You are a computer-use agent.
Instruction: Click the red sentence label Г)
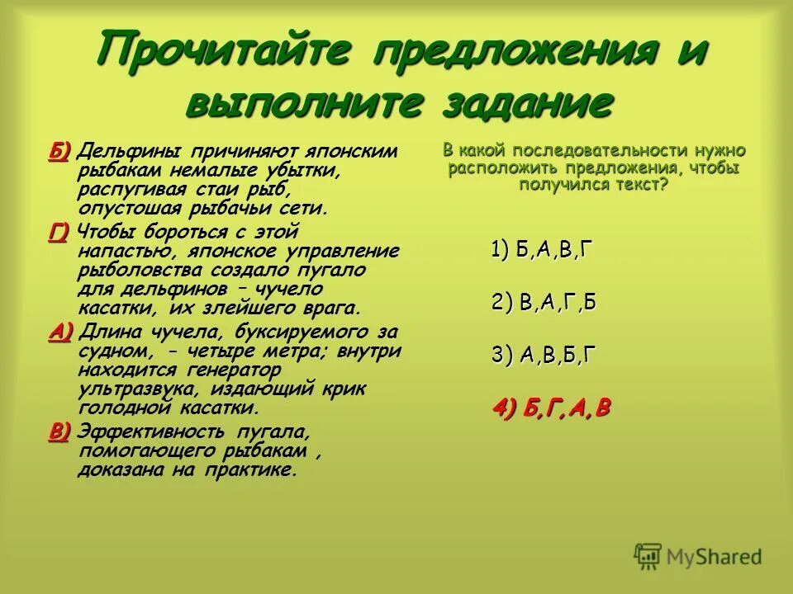pyautogui.click(x=59, y=233)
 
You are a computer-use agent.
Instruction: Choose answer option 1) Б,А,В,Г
pyautogui.click(x=542, y=251)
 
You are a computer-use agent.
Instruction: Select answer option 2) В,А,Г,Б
pyautogui.click(x=543, y=303)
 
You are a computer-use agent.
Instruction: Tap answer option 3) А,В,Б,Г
pyautogui.click(x=543, y=355)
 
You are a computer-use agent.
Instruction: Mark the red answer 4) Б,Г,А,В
pyautogui.click(x=551, y=408)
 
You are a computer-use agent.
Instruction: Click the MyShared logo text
pyautogui.click(x=715, y=557)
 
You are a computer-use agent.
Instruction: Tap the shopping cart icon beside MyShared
pyautogui.click(x=648, y=555)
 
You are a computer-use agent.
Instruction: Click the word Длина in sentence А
pyautogui.click(x=107, y=332)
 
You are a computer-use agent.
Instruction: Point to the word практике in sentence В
pyautogui.click(x=253, y=470)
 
